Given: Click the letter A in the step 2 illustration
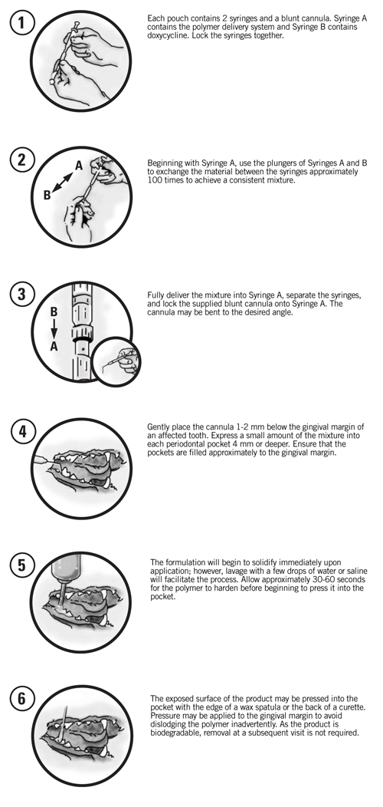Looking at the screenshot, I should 78,166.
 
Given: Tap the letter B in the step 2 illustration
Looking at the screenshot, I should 47,196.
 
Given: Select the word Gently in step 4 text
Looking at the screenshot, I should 159,426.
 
